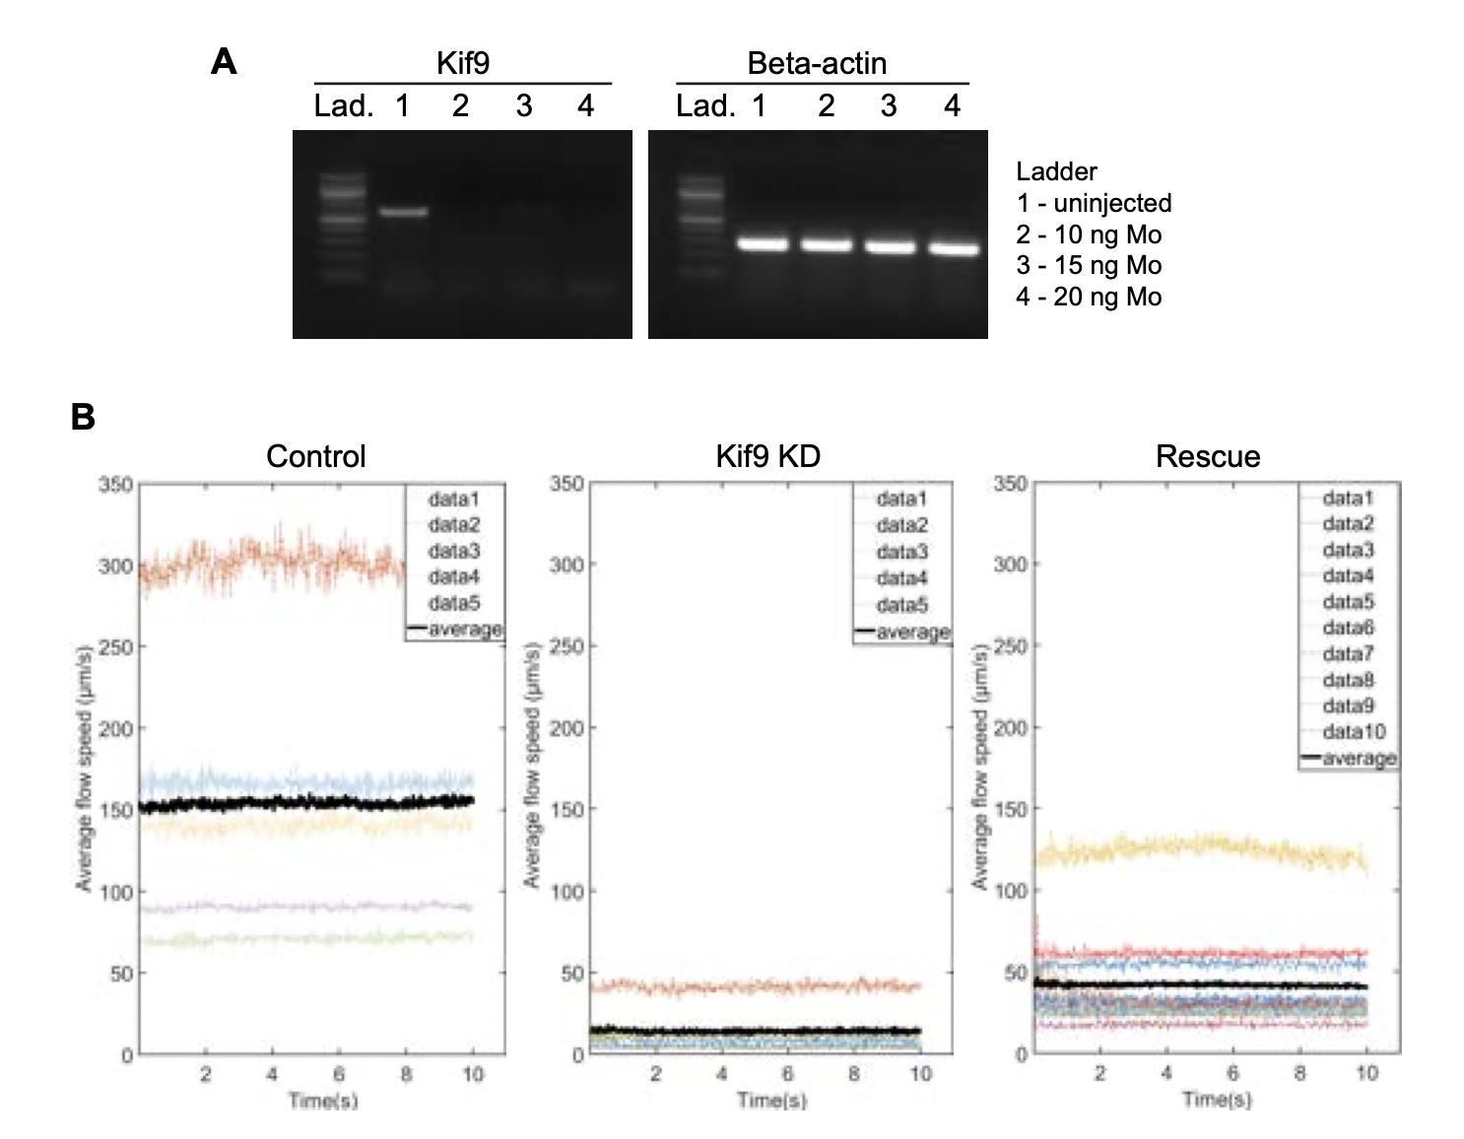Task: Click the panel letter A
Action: tap(224, 62)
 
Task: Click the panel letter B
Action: tap(83, 417)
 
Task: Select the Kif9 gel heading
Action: tap(462, 64)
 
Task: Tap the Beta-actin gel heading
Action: tap(817, 64)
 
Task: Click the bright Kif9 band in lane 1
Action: tap(404, 211)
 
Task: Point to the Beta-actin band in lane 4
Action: tap(954, 249)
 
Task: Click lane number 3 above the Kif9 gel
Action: tap(523, 105)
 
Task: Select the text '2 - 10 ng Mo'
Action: tap(1089, 234)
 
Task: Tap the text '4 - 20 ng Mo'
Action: tap(1089, 297)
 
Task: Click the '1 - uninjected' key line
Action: tap(1094, 203)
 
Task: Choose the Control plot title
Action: tap(315, 456)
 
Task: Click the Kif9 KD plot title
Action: tap(767, 456)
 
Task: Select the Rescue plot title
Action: tap(1208, 456)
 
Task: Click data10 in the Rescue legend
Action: tap(1354, 731)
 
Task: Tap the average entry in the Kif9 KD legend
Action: tap(912, 631)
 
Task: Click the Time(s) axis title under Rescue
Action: tap(1218, 1099)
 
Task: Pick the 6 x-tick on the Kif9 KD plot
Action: tap(788, 1074)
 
